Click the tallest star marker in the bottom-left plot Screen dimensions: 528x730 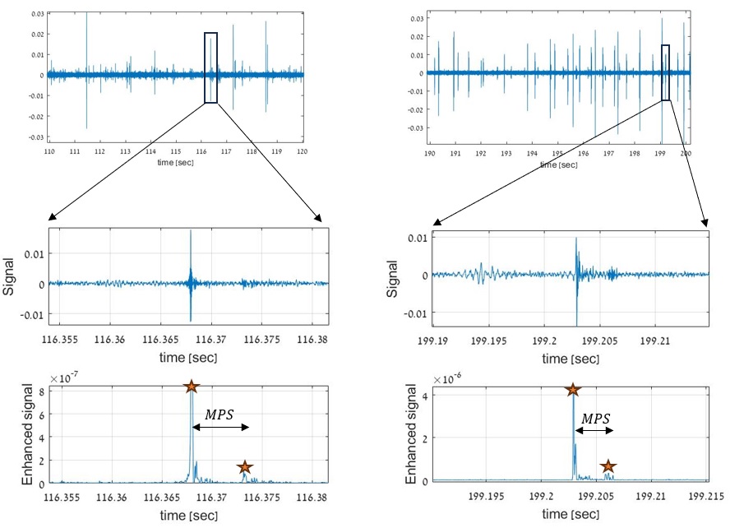(x=191, y=387)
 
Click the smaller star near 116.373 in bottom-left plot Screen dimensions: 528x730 (x=244, y=467)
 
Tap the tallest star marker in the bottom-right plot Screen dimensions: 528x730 (x=572, y=390)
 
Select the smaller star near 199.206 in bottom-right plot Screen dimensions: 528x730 (x=608, y=466)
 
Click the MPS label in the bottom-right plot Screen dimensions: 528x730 (x=595, y=418)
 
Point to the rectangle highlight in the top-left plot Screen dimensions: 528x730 (x=210, y=67)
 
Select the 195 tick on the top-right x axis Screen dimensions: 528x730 (x=557, y=154)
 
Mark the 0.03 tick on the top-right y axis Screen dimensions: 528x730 (x=417, y=18)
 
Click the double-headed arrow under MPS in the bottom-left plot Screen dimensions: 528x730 (x=219, y=427)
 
